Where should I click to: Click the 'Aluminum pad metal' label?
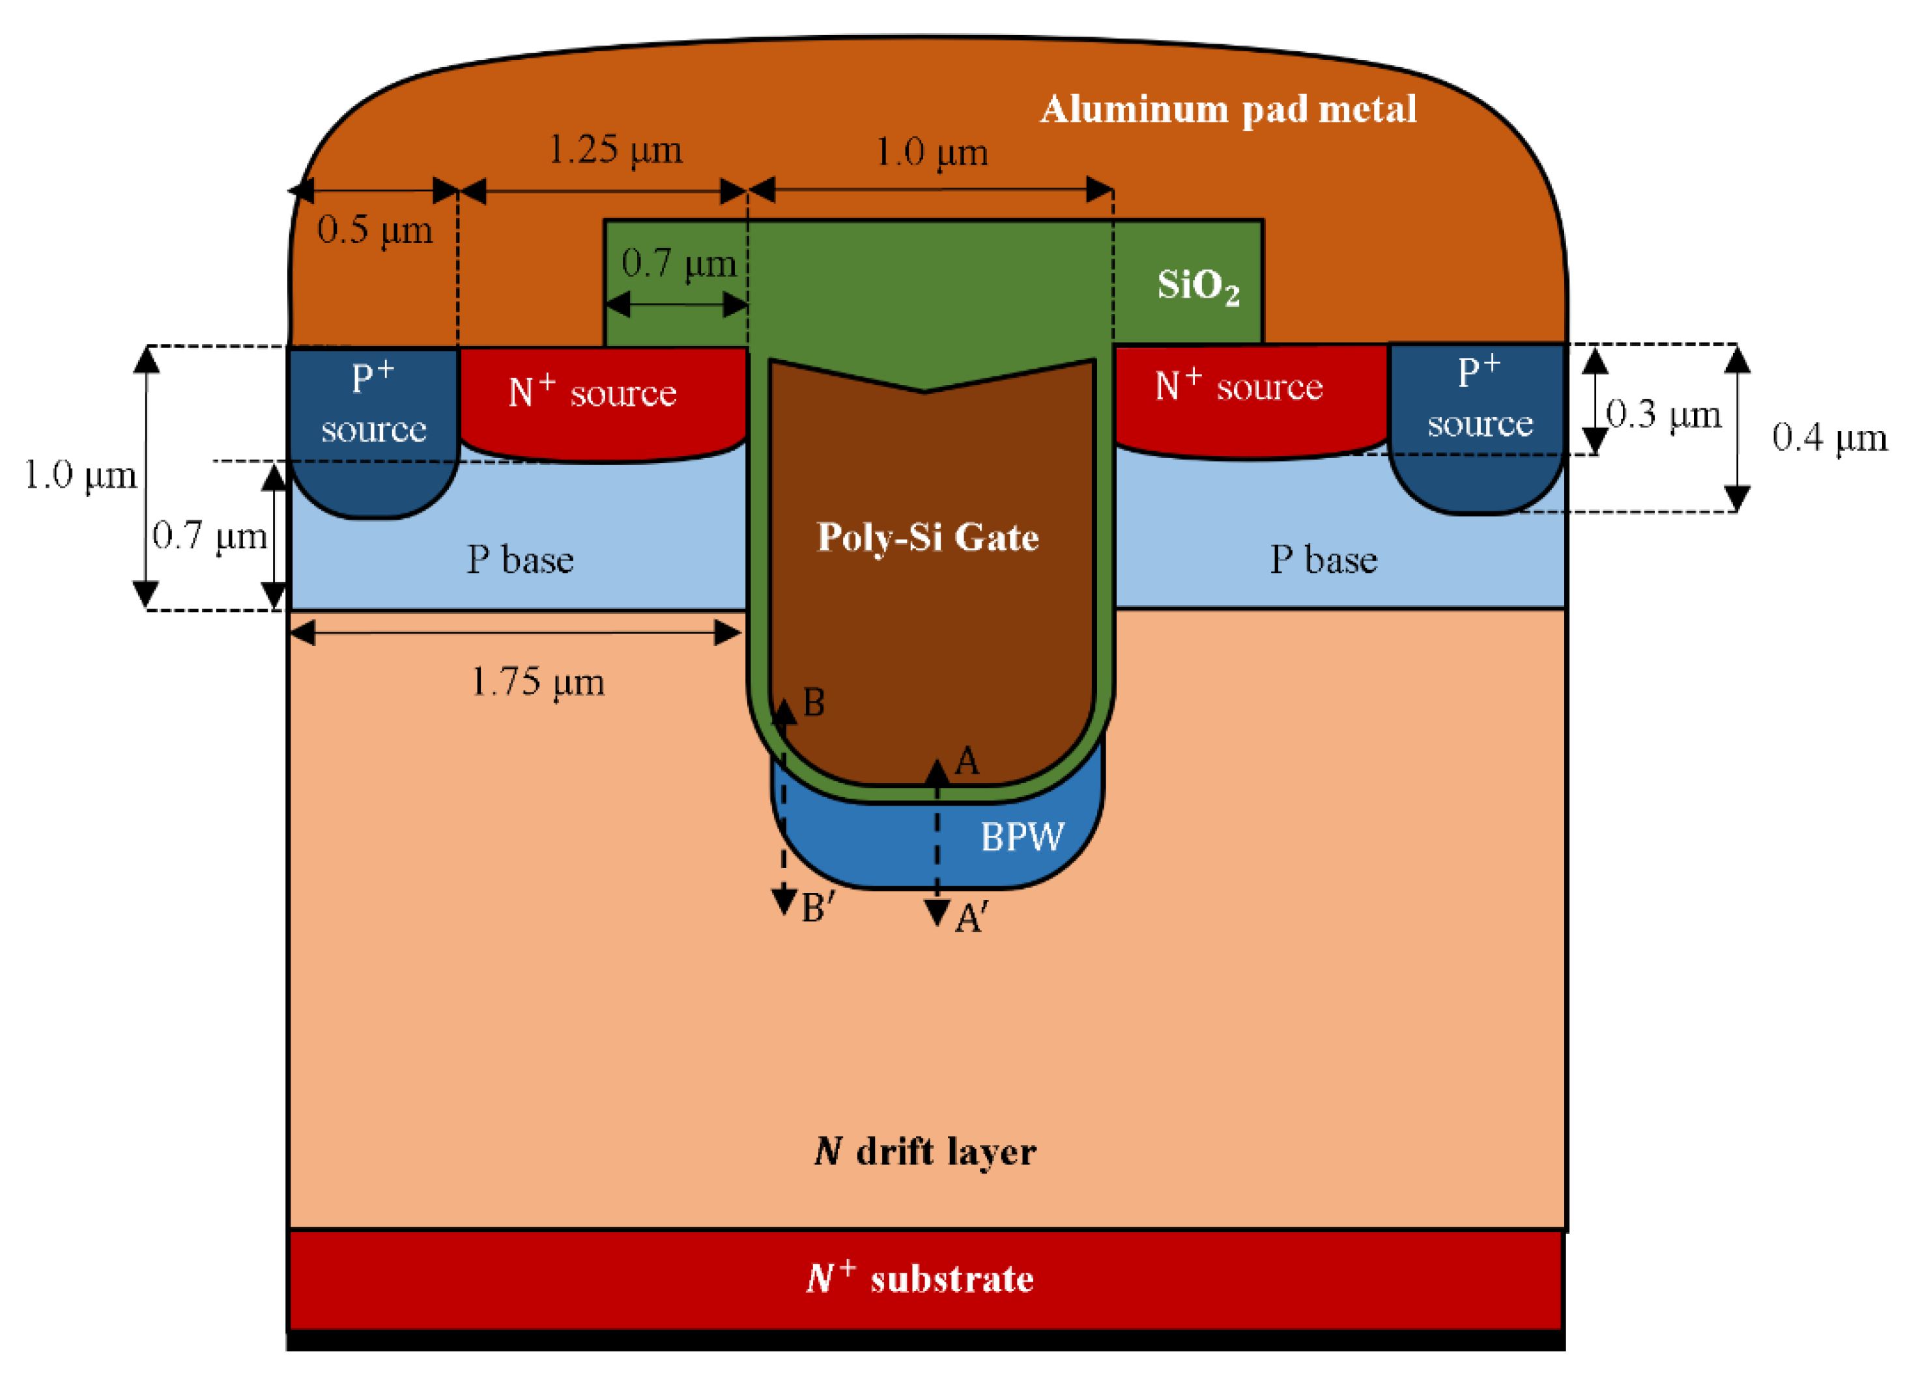[1227, 109]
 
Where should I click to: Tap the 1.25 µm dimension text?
[615, 150]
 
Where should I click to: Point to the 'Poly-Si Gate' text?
[928, 537]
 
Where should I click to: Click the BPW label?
[1022, 837]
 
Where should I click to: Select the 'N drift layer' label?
[925, 1151]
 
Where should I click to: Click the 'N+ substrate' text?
[920, 1278]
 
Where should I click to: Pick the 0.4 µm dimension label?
[1829, 438]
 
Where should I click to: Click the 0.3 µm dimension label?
[1663, 415]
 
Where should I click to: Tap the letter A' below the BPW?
[971, 918]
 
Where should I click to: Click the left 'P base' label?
[519, 559]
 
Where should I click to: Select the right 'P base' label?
[1323, 559]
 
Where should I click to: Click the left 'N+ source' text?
[592, 392]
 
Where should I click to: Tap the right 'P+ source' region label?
[1480, 397]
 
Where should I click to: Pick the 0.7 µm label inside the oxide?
[678, 264]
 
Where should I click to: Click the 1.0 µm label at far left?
[79, 475]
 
